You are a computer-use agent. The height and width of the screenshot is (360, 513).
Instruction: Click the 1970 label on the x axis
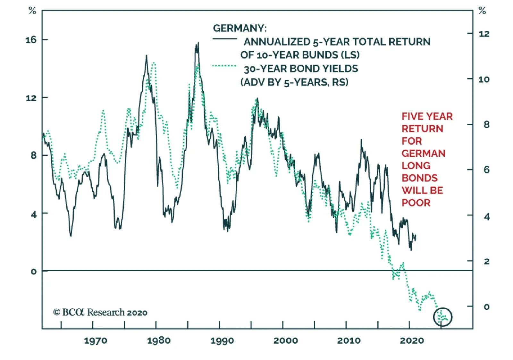[96, 341]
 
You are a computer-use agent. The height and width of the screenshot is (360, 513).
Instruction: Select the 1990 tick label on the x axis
[222, 341]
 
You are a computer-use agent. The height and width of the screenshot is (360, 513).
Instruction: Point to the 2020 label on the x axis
[412, 341]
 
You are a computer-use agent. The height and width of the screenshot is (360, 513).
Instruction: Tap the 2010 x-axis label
[349, 341]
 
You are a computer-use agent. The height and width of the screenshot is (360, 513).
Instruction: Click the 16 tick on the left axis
[31, 40]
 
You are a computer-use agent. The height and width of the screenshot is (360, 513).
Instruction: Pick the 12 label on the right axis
[484, 34]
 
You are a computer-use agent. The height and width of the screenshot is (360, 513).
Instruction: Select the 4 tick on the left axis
[34, 214]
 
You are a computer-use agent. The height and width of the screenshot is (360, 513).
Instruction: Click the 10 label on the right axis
[484, 80]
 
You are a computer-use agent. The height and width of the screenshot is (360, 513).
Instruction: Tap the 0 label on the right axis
[486, 307]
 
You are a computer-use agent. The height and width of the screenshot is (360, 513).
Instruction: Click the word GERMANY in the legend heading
[239, 29]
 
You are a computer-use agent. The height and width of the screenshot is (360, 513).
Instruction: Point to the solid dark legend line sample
[224, 39]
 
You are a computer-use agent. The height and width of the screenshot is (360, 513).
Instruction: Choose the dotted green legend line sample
[224, 66]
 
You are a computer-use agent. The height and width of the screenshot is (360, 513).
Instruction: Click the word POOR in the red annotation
[416, 203]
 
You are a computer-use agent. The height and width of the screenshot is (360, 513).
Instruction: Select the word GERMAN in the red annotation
[423, 154]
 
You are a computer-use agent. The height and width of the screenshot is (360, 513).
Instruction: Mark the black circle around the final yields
[442, 317]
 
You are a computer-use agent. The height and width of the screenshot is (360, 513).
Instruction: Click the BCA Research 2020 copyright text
[100, 312]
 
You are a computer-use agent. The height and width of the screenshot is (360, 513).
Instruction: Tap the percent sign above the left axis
[32, 11]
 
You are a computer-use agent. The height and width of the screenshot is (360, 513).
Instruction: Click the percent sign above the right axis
[482, 11]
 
